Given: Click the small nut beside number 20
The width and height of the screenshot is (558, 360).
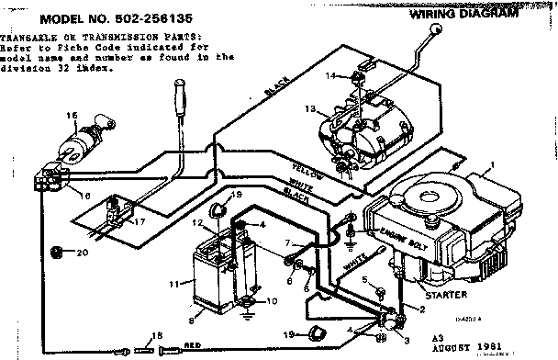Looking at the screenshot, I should [x=56, y=251].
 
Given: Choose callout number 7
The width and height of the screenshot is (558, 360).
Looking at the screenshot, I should [x=286, y=244].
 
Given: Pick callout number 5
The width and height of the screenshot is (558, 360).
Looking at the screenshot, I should [x=364, y=278].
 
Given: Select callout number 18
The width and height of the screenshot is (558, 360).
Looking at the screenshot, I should [x=157, y=337].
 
